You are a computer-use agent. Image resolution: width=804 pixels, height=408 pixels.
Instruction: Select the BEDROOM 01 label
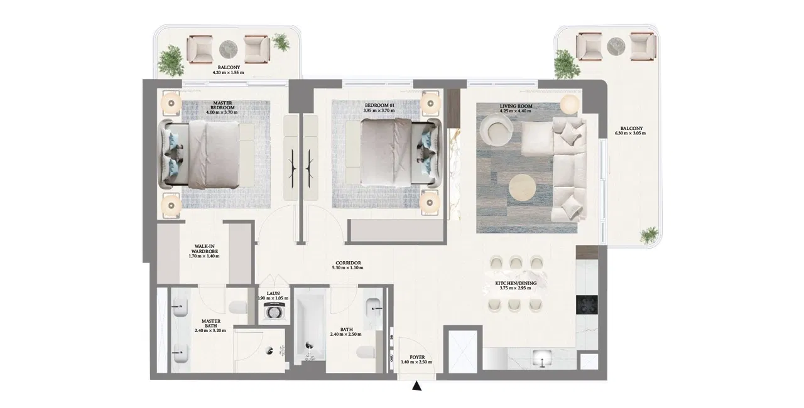point(379,105)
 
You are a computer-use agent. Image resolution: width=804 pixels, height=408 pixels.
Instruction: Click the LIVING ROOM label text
point(516,106)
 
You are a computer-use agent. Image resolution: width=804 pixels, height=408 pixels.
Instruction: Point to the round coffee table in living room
point(523,188)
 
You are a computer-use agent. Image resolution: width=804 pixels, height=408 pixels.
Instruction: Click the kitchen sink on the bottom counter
point(540,360)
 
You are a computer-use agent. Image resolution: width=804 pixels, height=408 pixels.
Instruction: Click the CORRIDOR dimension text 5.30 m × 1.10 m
point(347,268)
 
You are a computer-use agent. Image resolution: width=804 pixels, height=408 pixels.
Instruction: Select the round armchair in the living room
point(496,130)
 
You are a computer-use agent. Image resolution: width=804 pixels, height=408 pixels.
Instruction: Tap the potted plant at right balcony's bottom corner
point(647,236)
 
